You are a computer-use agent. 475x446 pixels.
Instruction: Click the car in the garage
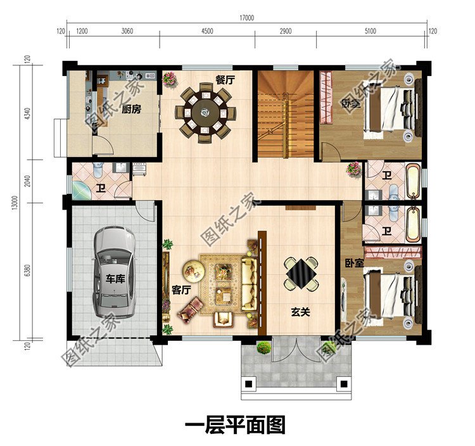tap(114, 272)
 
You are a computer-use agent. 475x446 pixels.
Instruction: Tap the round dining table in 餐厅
tap(205, 112)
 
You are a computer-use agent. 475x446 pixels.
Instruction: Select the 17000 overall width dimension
tap(247, 18)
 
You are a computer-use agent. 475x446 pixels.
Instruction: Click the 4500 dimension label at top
tap(207, 31)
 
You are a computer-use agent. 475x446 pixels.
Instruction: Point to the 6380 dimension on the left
tap(27, 271)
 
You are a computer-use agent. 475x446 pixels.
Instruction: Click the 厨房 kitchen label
tap(132, 109)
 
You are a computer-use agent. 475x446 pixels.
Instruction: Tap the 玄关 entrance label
tap(300, 312)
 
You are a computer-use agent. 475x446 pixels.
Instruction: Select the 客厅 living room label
tap(181, 290)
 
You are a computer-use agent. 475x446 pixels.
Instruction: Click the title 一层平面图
tap(235, 424)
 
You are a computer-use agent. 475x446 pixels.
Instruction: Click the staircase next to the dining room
tap(285, 114)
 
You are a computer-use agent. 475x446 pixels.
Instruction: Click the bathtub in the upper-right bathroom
tap(412, 181)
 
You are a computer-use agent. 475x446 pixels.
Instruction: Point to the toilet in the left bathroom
tap(98, 169)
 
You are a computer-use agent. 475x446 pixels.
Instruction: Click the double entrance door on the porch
tap(296, 349)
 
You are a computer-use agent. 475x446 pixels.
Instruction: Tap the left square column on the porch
tap(248, 384)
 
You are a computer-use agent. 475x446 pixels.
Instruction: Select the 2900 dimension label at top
tap(286, 31)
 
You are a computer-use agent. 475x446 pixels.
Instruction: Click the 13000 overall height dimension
tap(16, 203)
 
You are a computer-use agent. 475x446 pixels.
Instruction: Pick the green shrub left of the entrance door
tap(263, 347)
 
